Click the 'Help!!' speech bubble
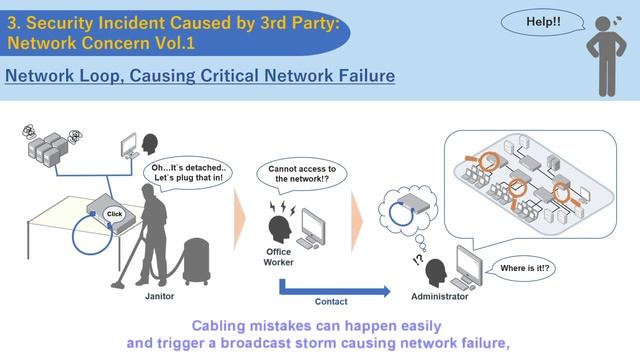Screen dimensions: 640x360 [542, 22]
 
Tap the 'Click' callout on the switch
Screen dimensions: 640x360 [115, 214]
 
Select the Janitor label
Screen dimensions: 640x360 [159, 296]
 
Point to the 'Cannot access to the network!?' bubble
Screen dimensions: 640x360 [302, 174]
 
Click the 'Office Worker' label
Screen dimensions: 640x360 [278, 257]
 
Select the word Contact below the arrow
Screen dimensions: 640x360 [331, 302]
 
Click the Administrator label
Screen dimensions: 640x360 [440, 297]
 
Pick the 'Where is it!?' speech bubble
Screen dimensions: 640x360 [524, 268]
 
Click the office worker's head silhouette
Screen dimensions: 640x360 [280, 229]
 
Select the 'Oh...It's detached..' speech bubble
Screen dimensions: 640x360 [188, 173]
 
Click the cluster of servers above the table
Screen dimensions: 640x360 [48, 149]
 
